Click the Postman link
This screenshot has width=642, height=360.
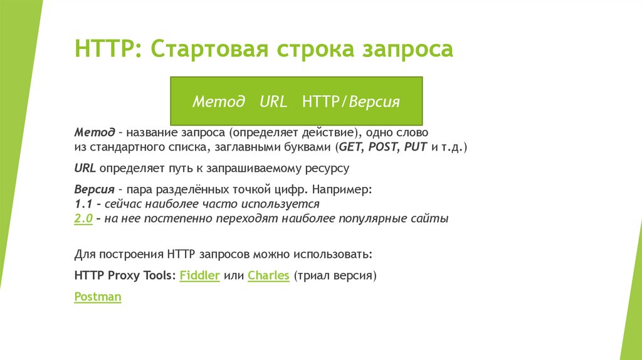point(97,297)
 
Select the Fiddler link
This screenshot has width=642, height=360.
point(199,275)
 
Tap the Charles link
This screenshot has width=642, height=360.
point(268,275)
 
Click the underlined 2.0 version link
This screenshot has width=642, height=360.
point(83,220)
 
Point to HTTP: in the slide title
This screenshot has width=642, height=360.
point(108,49)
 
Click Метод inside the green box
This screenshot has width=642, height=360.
point(218,102)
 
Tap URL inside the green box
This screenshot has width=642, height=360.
point(273,102)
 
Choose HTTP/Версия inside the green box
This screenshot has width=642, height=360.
point(350,102)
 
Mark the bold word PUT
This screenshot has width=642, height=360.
point(416,147)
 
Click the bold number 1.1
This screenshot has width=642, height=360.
point(83,204)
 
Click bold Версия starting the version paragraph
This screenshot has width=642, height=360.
point(93,189)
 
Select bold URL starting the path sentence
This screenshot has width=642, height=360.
point(85,169)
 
